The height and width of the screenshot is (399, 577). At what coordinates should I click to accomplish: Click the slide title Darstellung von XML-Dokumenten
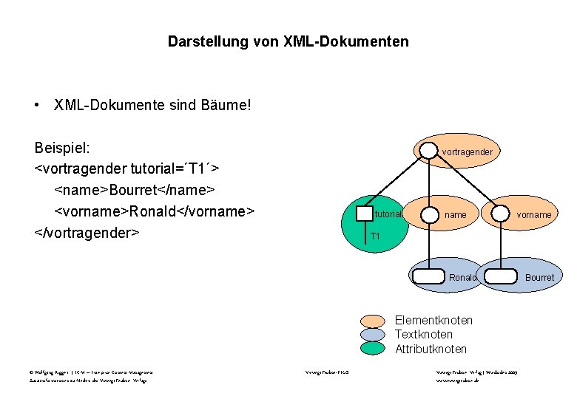pos(288,42)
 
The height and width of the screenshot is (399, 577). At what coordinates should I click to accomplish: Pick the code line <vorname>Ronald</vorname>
pos(155,211)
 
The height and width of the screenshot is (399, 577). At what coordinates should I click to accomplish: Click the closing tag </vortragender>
pos(87,233)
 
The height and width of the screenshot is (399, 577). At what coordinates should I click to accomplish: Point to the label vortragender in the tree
pos(467,152)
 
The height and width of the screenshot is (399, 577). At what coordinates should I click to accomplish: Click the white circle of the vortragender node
pos(428,150)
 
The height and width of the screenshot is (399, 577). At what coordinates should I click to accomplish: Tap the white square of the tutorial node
pos(365,214)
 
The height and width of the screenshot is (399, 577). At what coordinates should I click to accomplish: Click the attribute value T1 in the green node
pos(375,236)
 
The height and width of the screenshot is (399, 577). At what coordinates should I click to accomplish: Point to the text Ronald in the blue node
pos(462,278)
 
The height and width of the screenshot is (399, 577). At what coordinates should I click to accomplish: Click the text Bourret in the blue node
pos(539,278)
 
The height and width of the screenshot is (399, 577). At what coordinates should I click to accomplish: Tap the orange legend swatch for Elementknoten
pos(374,321)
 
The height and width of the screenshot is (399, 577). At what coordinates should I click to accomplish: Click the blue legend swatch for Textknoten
pos(374,335)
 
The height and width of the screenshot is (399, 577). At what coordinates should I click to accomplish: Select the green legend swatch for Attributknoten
pos(374,348)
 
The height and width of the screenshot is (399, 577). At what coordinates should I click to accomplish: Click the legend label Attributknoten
pos(431,349)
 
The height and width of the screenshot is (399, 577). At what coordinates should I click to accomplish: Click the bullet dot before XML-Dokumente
pos(37,106)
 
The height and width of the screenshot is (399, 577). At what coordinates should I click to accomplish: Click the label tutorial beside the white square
pos(388,214)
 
